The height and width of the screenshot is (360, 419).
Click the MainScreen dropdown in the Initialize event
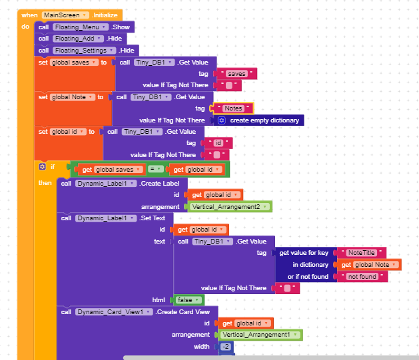pyautogui.click(x=65, y=15)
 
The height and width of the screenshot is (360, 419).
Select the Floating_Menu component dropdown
pyautogui.click(x=81, y=27)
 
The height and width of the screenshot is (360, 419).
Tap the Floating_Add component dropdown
pyautogui.click(x=78, y=39)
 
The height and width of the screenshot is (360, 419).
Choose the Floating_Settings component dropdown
pyautogui.click(x=85, y=51)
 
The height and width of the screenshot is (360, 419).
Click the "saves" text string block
pyautogui.click(x=236, y=74)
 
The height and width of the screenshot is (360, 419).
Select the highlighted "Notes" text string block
pyautogui.click(x=233, y=108)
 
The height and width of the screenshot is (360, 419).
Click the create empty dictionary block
pyautogui.click(x=259, y=120)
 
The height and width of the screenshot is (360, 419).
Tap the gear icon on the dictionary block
pyautogui.click(x=222, y=120)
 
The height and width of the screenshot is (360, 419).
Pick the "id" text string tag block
pyautogui.click(x=218, y=143)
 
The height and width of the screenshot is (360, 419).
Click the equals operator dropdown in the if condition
pyautogui.click(x=155, y=169)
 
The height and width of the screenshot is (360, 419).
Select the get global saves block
pyautogui.click(x=112, y=170)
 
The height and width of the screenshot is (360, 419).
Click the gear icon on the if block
pyautogui.click(x=42, y=167)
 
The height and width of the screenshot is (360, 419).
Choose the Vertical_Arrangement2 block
pyautogui.click(x=230, y=207)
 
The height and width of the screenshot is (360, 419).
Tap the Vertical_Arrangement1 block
pyautogui.click(x=260, y=335)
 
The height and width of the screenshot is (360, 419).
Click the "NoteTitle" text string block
pyautogui.click(x=362, y=253)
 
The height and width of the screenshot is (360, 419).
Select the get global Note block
pyautogui.click(x=369, y=265)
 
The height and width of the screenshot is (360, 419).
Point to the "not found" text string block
pyautogui.click(x=362, y=276)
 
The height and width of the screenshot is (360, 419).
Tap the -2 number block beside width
pyautogui.click(x=226, y=347)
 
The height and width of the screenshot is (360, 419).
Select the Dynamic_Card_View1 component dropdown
pyautogui.click(x=114, y=312)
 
